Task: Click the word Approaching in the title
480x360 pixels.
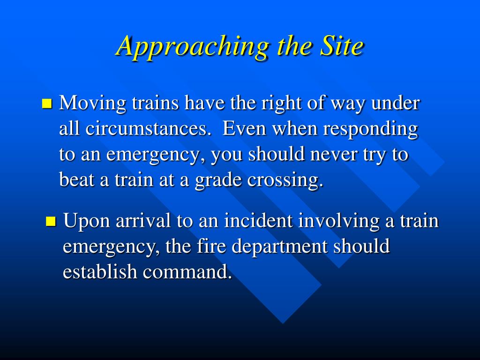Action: tap(192, 46)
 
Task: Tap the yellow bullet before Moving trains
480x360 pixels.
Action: tap(47, 104)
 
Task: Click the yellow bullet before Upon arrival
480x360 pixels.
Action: tap(51, 221)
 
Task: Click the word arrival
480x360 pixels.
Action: tap(143, 220)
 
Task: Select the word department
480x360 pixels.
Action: tap(279, 247)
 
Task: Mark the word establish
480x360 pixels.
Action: tap(100, 271)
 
